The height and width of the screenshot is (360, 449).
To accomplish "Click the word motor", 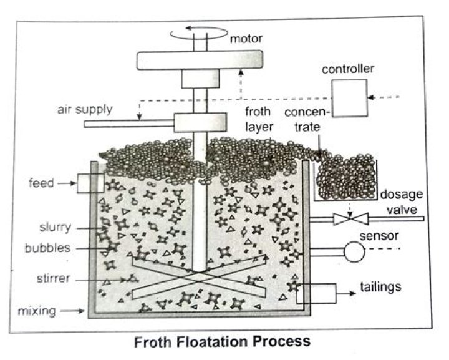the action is click(246, 39).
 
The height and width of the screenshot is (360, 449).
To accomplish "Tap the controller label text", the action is click(348, 69).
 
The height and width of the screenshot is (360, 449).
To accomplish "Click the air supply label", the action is click(85, 110).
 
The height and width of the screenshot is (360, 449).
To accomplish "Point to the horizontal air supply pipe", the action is click(130, 124).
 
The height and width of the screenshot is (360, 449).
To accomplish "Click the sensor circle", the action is click(354, 251).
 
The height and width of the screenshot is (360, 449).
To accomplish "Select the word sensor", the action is click(379, 236).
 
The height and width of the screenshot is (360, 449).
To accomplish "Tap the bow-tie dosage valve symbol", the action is click(350, 219).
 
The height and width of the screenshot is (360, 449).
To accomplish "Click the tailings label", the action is click(380, 286).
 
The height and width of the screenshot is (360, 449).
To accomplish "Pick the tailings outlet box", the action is click(316, 293).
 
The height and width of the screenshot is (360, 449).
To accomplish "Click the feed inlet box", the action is click(90, 183).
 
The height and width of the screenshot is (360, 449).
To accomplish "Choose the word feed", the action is click(42, 183).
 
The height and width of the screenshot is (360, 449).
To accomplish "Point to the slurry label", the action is click(56, 227).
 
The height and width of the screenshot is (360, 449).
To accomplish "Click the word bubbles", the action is click(47, 248).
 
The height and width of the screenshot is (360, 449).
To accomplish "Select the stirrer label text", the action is click(53, 278).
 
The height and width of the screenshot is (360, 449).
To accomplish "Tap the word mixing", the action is click(37, 311).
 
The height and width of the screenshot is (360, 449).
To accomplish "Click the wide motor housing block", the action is click(200, 60).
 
